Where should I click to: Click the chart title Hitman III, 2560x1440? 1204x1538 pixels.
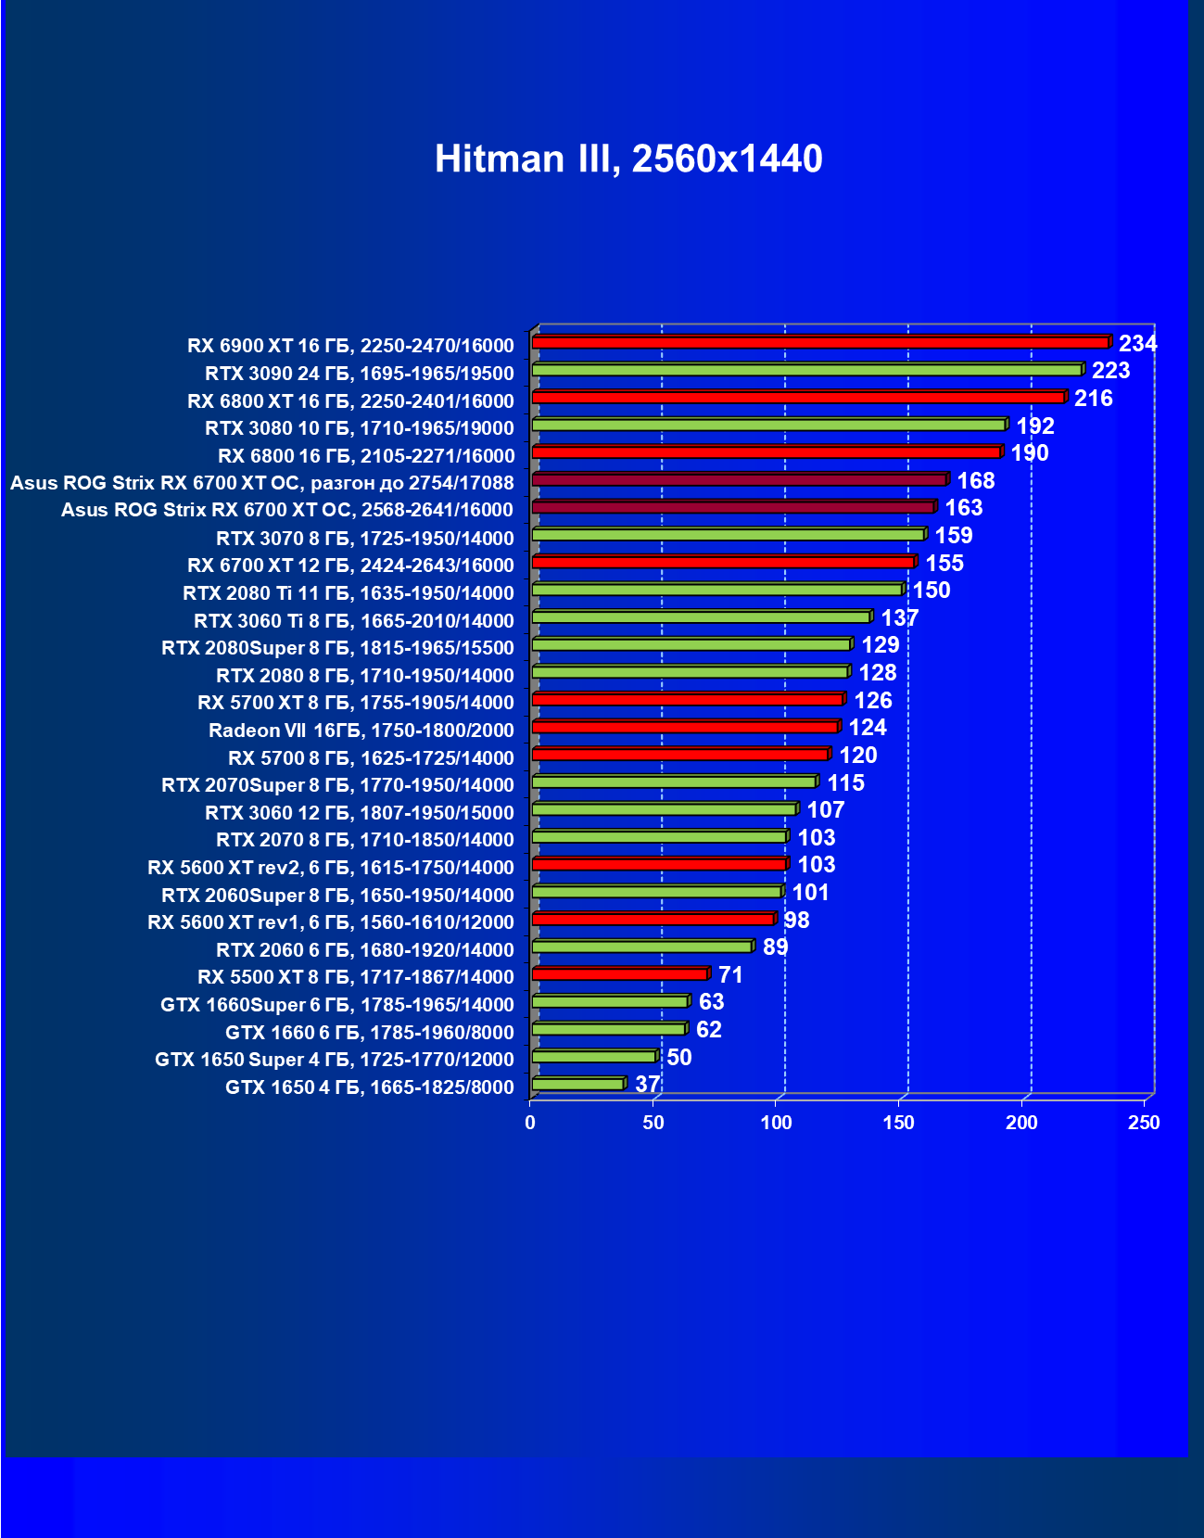click(628, 159)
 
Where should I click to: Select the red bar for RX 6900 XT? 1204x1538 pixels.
click(820, 342)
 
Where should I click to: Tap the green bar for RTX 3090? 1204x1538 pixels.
click(806, 370)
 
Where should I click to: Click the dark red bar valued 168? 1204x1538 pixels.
click(739, 479)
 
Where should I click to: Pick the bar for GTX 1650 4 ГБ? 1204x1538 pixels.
click(578, 1084)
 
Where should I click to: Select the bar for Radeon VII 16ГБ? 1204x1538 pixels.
click(685, 727)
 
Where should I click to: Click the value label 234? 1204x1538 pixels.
click(1137, 344)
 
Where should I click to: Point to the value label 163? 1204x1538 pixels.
click(963, 508)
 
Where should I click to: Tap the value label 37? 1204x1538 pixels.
click(647, 1084)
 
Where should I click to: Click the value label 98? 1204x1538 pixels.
click(796, 920)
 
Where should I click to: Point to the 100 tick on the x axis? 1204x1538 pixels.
click(777, 1123)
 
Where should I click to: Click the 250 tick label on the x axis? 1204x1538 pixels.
click(1144, 1123)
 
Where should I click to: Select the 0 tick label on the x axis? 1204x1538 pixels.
click(530, 1123)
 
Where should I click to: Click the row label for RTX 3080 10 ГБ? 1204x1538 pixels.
click(359, 428)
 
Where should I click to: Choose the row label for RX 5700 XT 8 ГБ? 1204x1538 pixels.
click(355, 703)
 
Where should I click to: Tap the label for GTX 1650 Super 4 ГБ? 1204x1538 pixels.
click(334, 1060)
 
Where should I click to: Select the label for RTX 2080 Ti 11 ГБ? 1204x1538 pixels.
click(348, 593)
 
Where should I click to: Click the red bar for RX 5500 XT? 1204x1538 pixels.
click(619, 973)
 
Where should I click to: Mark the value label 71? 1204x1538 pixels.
click(730, 974)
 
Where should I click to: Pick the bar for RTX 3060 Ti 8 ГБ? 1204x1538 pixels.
click(701, 616)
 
